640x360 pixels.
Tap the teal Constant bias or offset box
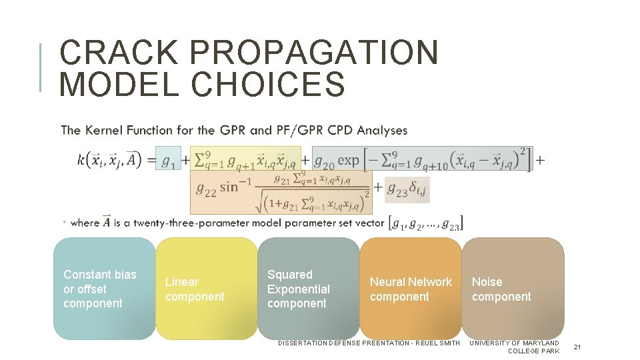104,289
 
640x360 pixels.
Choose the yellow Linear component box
207,289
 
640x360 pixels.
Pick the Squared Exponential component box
309,289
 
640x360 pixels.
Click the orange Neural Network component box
411,289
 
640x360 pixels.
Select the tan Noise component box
513,289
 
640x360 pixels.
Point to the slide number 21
577,347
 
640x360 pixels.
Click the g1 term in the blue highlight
169,160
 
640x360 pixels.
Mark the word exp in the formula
348,160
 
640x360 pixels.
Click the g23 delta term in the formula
406,189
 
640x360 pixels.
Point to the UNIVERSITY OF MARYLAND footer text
515,343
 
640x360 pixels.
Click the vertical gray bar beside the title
41,67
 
